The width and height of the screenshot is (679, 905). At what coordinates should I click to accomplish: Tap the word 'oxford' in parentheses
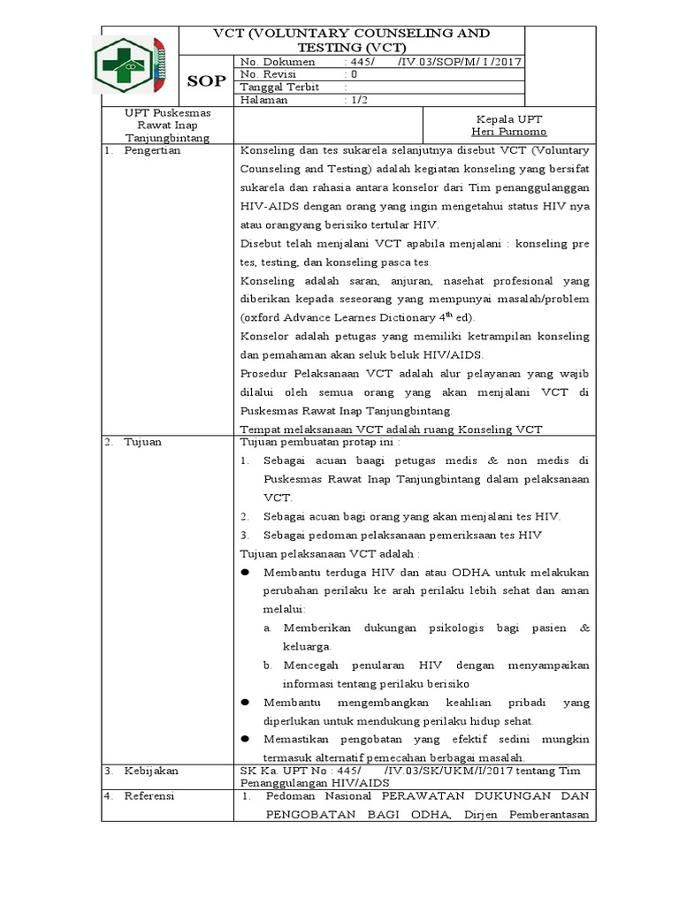(x=262, y=317)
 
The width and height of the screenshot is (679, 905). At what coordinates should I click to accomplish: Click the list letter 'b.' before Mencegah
(x=268, y=665)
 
